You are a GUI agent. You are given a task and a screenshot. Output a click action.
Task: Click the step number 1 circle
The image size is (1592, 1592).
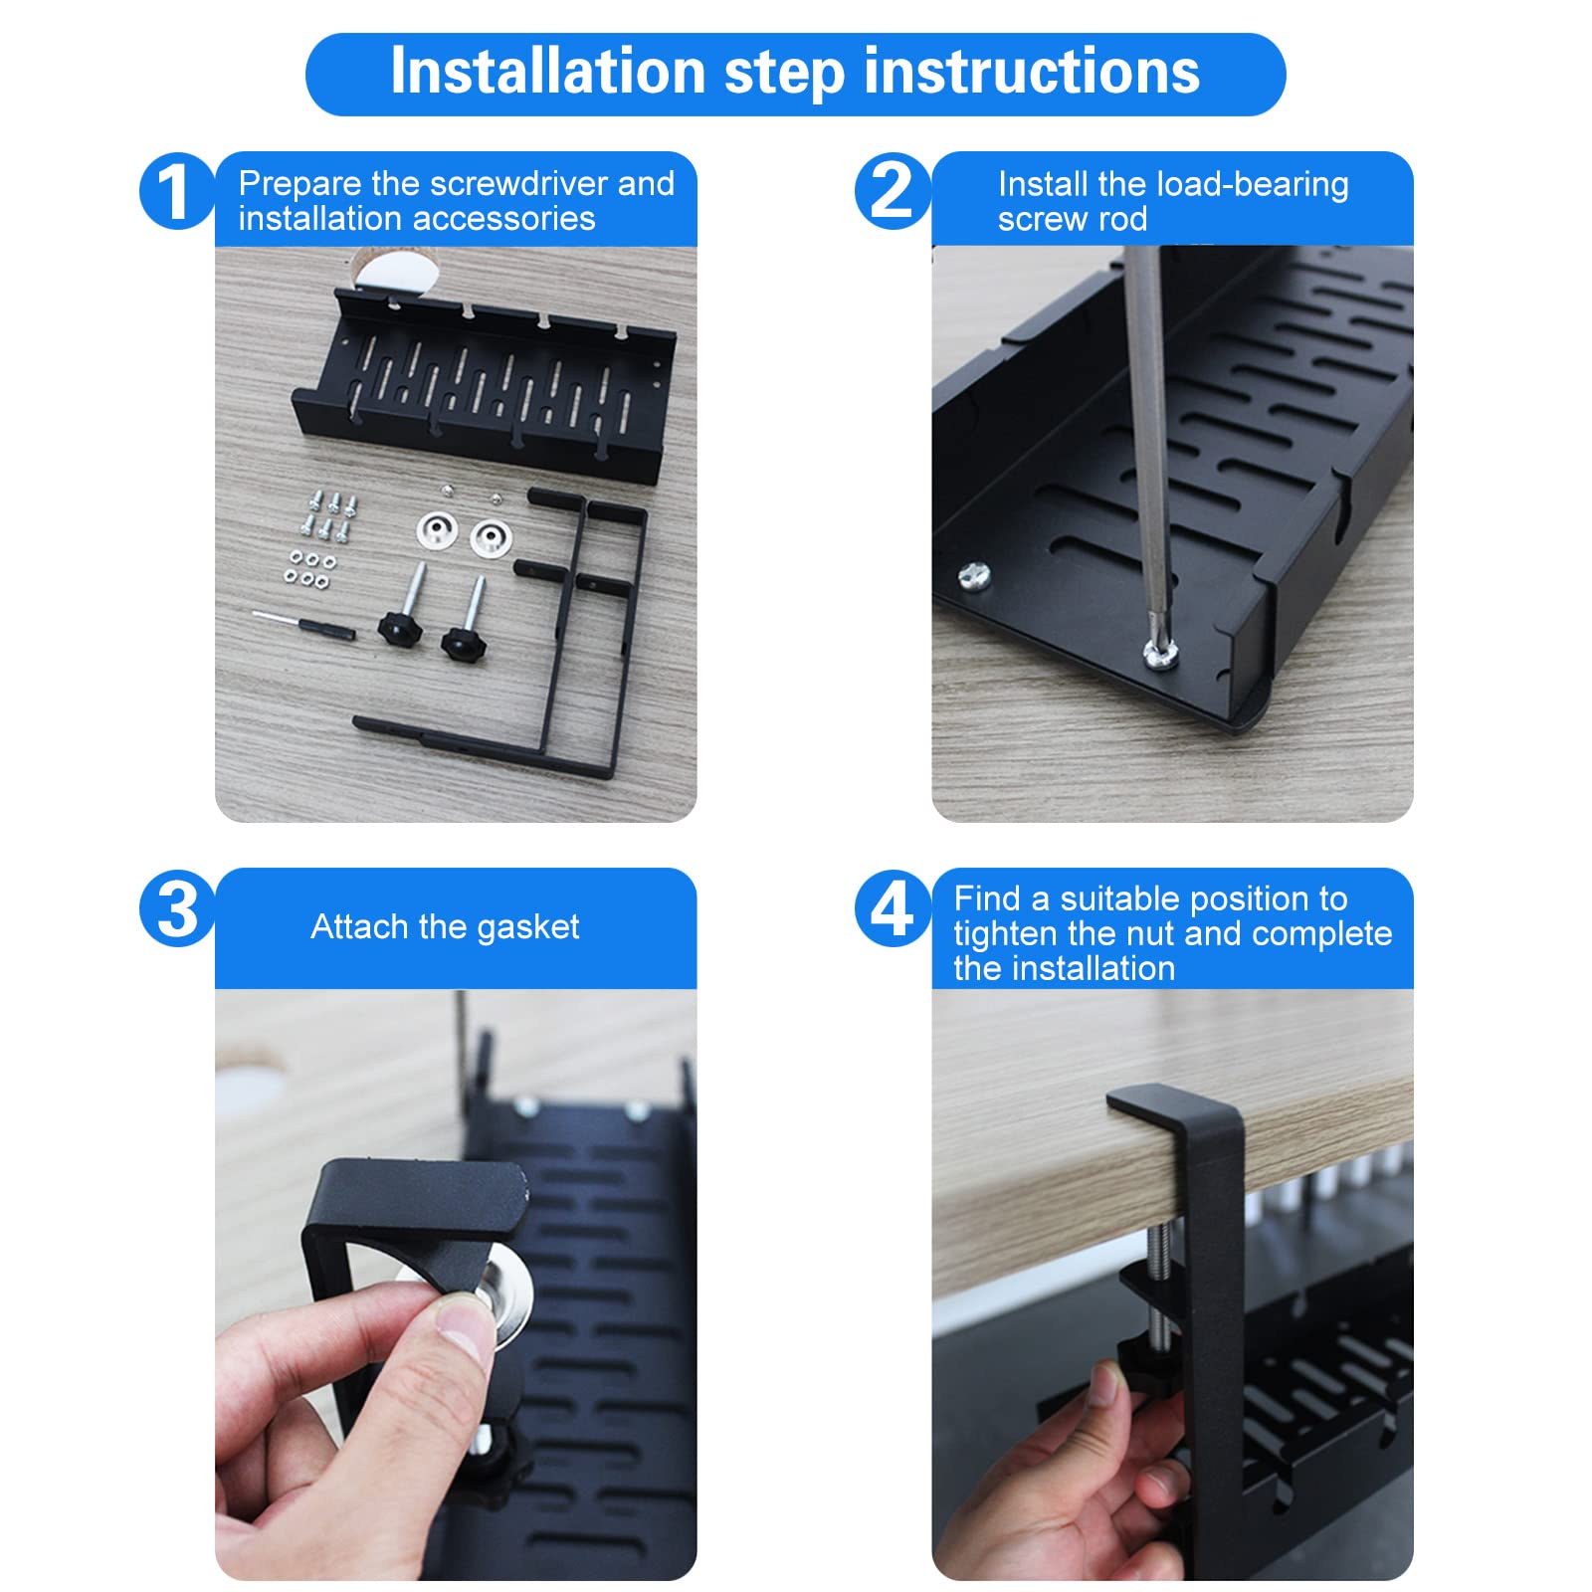pyautogui.click(x=177, y=191)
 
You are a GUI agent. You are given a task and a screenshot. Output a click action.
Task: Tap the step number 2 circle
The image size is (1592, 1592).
pyautogui.click(x=893, y=191)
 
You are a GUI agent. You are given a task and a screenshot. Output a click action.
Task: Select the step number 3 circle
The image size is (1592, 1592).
pyautogui.click(x=177, y=907)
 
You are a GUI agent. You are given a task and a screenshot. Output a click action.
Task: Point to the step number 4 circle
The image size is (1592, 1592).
pyautogui.click(x=893, y=907)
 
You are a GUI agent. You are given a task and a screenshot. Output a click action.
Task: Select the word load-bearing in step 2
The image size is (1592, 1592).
pyautogui.click(x=1253, y=185)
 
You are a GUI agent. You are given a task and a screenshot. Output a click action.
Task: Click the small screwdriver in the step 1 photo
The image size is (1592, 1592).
pyautogui.click(x=303, y=625)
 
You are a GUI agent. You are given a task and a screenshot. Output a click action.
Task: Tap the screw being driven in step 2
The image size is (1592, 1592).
pyautogui.click(x=1160, y=653)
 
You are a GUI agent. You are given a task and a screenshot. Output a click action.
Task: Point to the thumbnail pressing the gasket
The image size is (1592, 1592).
pyautogui.click(x=465, y=1328)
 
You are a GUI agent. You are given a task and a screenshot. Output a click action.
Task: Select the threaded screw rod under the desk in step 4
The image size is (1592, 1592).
pyautogui.click(x=1160, y=1284)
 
